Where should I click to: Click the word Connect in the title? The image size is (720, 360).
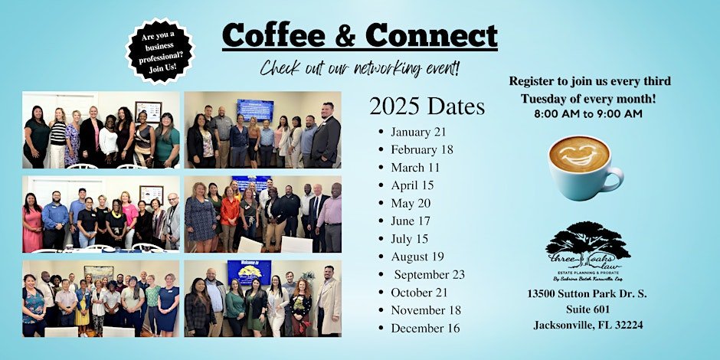click(432, 35)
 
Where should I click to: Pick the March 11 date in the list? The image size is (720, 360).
click(414, 167)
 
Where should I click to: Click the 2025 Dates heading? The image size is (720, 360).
click(427, 106)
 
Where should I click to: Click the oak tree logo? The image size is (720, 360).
click(587, 244)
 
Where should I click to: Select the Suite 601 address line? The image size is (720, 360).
click(587, 309)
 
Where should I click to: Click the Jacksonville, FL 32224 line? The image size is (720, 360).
click(587, 325)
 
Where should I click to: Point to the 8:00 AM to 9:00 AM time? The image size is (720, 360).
click(588, 113)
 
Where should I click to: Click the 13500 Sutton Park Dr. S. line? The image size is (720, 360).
click(587, 294)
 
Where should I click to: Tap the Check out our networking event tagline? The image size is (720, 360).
click(360, 69)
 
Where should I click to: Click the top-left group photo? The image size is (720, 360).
click(101, 130)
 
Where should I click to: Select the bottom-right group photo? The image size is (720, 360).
click(262, 299)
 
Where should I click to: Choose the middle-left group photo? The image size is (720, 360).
click(101, 214)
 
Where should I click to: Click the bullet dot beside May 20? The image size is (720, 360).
click(381, 204)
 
